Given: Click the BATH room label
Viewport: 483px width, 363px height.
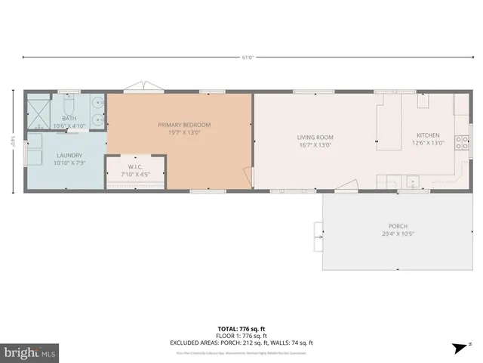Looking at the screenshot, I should coord(69,118).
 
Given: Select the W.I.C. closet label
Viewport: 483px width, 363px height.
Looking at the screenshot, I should coord(136,167).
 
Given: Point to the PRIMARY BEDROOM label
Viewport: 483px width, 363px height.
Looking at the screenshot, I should coord(183,125).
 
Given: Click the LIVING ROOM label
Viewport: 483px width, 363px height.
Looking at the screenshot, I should coord(315,137).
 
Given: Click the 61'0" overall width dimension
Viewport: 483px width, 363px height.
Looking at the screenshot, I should coord(248,57).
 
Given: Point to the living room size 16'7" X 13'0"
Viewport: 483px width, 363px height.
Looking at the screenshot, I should coord(315,144).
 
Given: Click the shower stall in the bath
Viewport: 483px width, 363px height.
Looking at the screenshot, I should coord(38,111).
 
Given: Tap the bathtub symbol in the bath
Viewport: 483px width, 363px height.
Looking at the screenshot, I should coord(97,111).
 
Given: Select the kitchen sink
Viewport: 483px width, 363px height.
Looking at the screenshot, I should coord(413,181).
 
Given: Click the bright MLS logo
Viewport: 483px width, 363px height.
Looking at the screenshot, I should coord(30,352).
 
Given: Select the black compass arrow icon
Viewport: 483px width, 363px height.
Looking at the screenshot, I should coord(457,348).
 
